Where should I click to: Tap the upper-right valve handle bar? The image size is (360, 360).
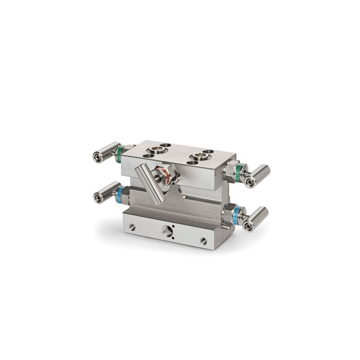click(x=258, y=175)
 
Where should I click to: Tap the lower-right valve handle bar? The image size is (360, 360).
click(x=256, y=218)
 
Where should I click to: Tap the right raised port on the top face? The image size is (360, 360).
click(x=199, y=157)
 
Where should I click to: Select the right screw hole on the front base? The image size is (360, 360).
click(x=203, y=240)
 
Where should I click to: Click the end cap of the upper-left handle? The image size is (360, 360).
click(x=96, y=156)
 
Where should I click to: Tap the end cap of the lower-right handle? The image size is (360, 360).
click(x=249, y=226)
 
